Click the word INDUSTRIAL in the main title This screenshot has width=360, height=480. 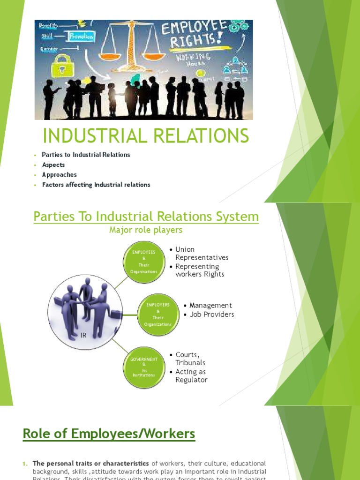(90, 136)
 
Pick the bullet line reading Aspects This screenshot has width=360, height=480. (53, 165)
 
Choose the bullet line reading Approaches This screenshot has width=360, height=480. (60, 175)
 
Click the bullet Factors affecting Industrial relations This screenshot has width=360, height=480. (96, 185)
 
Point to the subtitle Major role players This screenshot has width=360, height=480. (146, 230)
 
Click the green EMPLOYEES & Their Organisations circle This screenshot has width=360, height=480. (144, 262)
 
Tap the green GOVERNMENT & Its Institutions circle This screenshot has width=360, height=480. (143, 367)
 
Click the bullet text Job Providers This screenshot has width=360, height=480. (211, 315)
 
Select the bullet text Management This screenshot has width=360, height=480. (210, 306)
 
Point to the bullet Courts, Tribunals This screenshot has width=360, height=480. (190, 359)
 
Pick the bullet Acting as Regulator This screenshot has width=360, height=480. (191, 376)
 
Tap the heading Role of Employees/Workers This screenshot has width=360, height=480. (109, 434)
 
